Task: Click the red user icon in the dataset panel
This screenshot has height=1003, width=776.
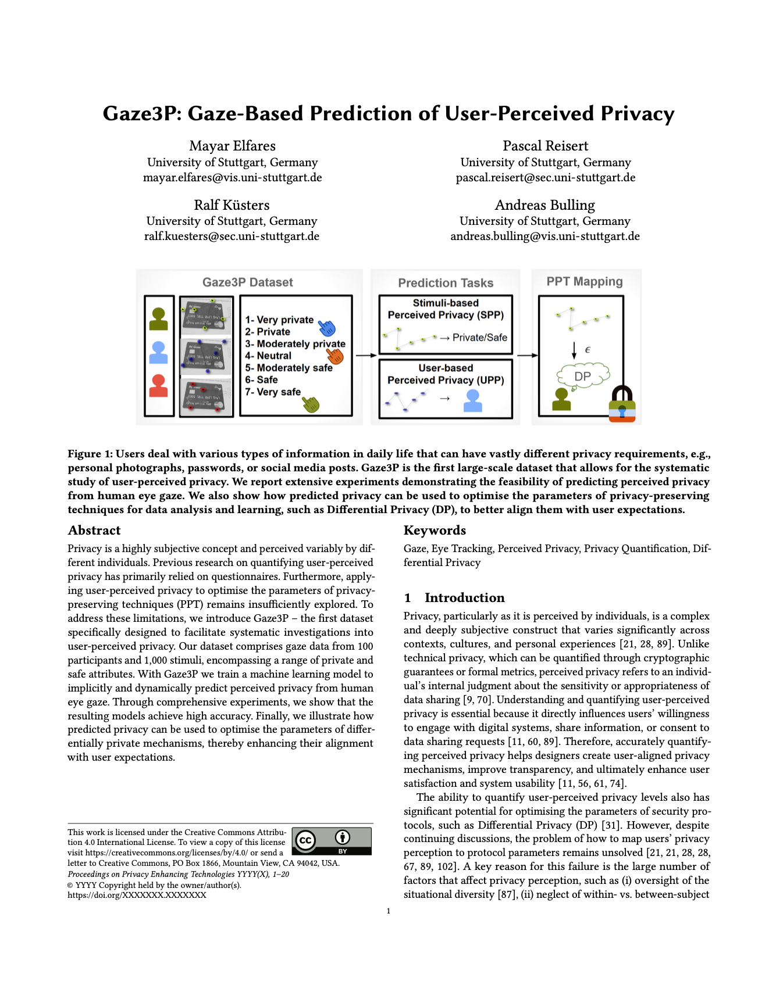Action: click(x=158, y=386)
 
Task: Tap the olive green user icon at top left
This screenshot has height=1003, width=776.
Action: click(x=158, y=318)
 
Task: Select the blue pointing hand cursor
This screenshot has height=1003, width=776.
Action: click(x=327, y=329)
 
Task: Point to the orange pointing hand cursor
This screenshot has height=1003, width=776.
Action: click(x=335, y=354)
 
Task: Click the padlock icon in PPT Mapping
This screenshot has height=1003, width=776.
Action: click(x=622, y=404)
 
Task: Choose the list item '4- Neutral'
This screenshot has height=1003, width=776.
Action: click(x=268, y=356)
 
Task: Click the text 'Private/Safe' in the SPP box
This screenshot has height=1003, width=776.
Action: click(x=479, y=338)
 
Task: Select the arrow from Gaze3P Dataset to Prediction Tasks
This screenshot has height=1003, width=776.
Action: click(x=366, y=355)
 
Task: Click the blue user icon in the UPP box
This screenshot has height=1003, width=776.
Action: click(x=472, y=401)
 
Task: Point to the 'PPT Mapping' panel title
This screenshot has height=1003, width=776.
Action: click(x=584, y=282)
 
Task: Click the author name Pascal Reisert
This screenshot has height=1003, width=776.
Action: click(x=545, y=146)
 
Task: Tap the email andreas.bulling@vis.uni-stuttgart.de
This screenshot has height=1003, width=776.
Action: click(x=544, y=237)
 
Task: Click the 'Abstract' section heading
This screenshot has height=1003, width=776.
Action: click(x=94, y=530)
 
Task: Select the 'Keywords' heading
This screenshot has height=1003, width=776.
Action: click(x=435, y=530)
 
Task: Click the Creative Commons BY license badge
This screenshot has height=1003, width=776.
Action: click(x=332, y=841)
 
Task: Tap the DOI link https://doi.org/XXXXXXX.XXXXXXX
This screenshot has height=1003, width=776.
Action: click(x=137, y=895)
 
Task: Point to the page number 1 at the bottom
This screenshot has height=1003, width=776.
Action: click(x=388, y=911)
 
